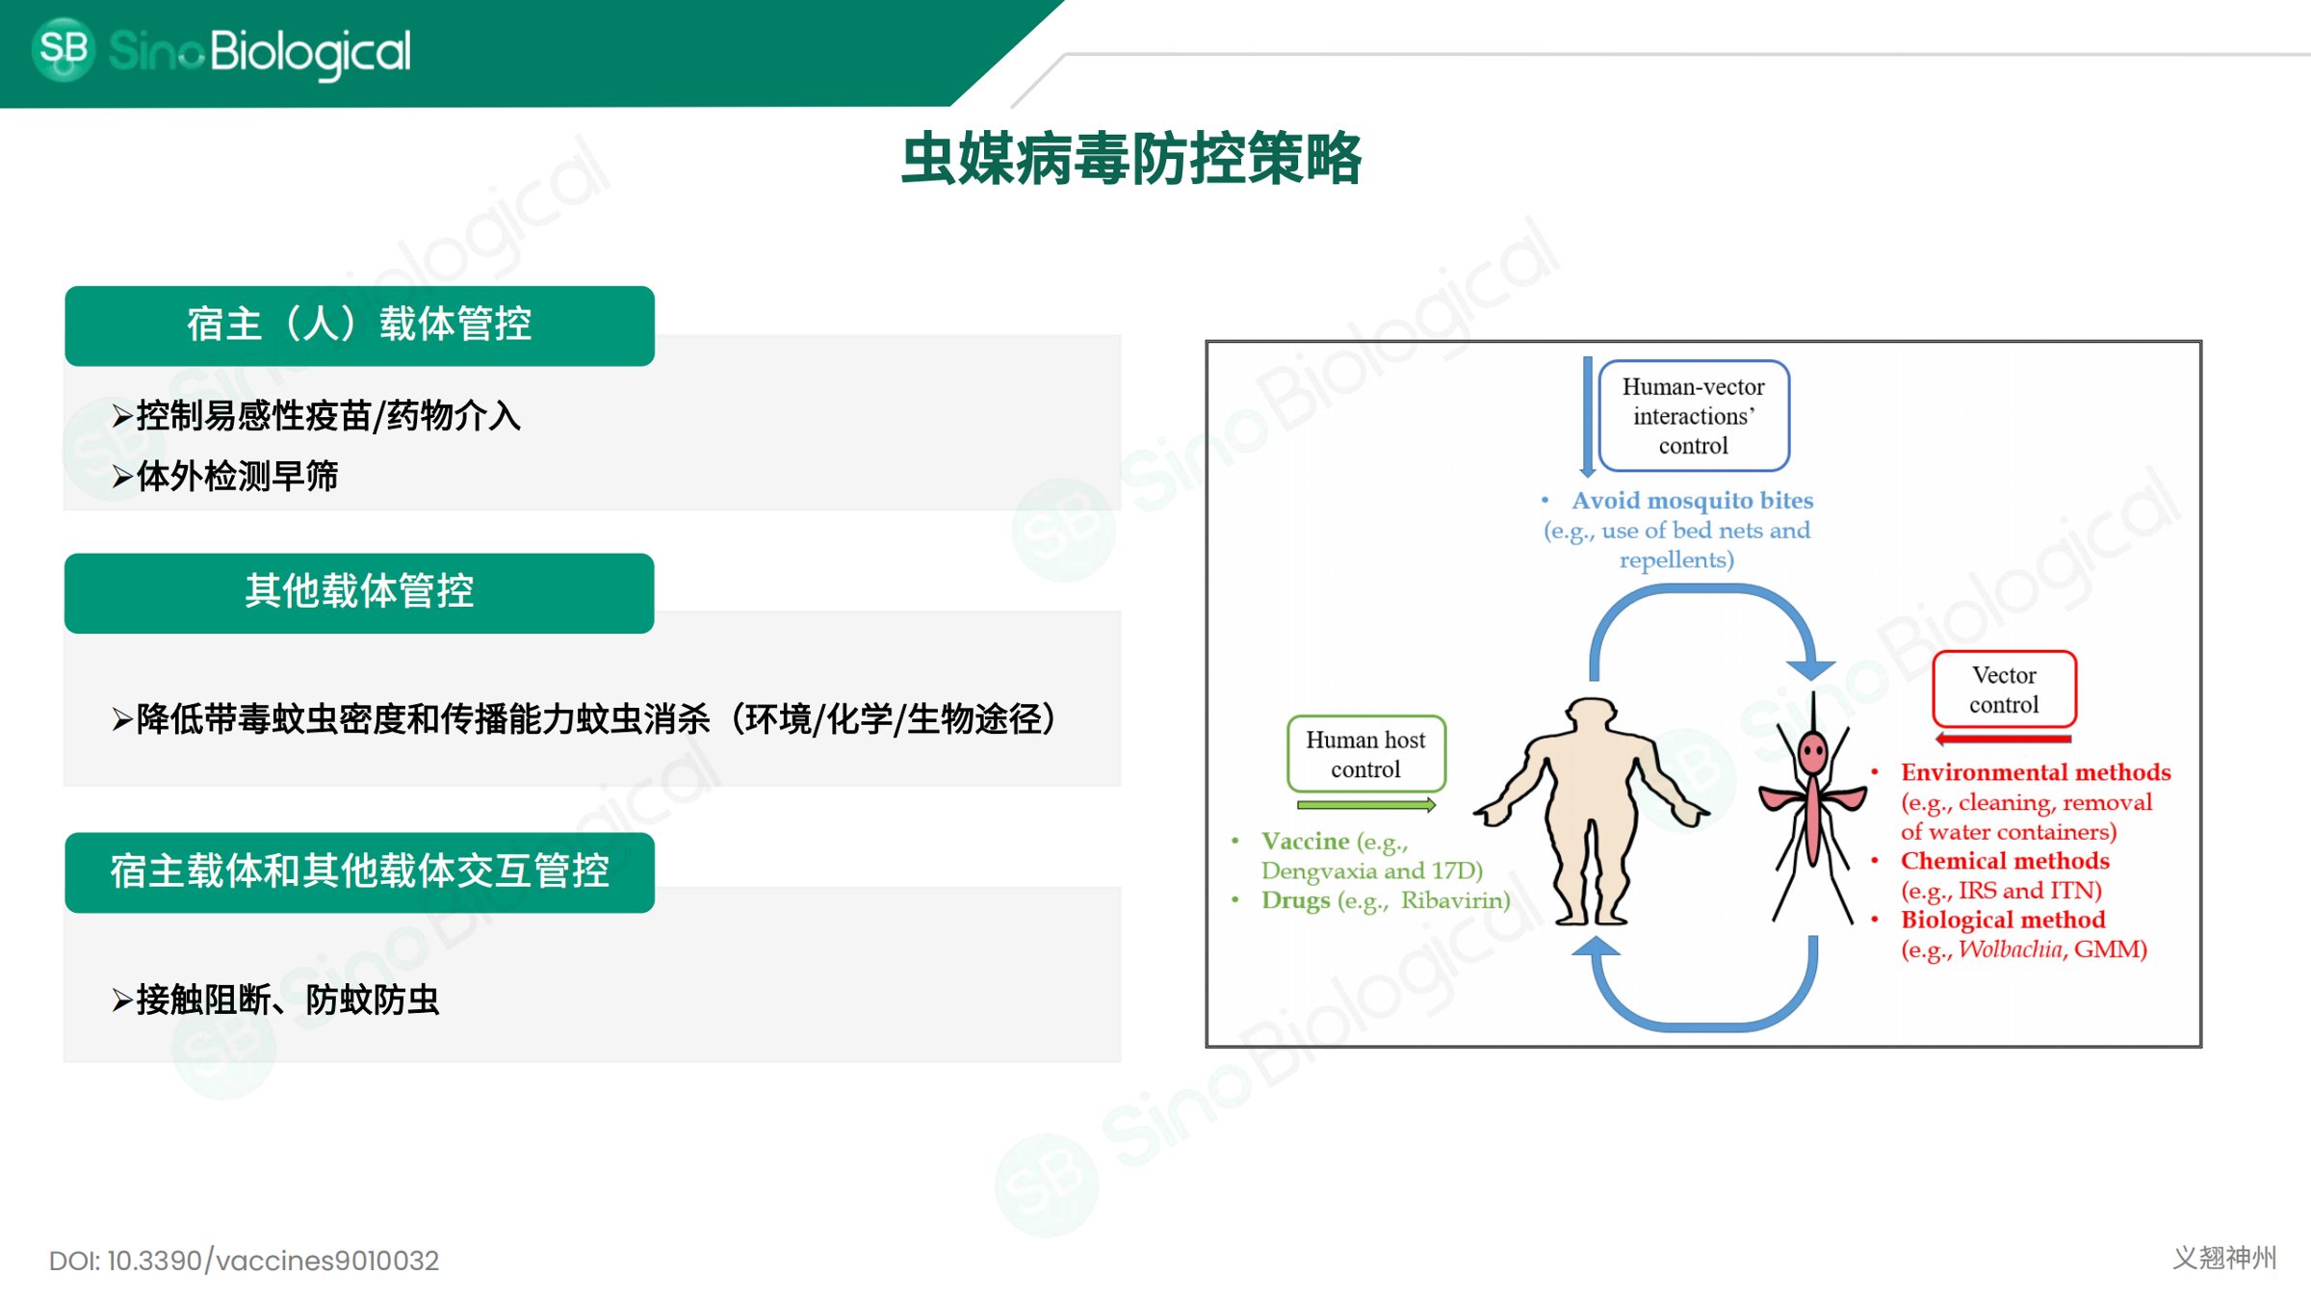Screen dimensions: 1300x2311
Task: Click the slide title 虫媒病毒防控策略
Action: click(x=1131, y=159)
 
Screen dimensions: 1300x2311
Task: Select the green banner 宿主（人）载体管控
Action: click(x=359, y=325)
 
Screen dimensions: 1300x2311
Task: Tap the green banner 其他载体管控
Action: click(x=359, y=591)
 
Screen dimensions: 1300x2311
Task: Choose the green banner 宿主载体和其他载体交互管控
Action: click(x=359, y=871)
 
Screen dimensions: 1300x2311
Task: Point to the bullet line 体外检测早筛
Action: click(x=236, y=476)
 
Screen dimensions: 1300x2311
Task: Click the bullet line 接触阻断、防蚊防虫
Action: click(x=287, y=1000)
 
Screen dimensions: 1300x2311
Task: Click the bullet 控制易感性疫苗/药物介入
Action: click(x=327, y=416)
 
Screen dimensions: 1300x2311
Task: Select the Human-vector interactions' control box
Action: click(x=1693, y=416)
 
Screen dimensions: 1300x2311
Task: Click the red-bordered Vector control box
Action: click(x=2003, y=689)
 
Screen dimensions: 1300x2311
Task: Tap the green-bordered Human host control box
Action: click(x=1365, y=754)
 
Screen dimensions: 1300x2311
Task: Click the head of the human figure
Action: click(x=1591, y=715)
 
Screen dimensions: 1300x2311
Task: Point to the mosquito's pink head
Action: click(x=1812, y=751)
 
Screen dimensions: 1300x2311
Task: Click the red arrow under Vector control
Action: click(x=2003, y=739)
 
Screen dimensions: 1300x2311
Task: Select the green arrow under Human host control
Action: click(x=1365, y=804)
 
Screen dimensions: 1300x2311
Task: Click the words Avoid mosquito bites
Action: click(x=1692, y=500)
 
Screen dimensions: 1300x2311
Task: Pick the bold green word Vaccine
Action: click(x=1305, y=842)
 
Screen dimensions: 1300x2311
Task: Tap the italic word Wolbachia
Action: click(x=2010, y=949)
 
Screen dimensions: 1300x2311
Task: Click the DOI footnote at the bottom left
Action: click(x=244, y=1261)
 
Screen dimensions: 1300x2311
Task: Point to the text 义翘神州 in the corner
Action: click(x=2224, y=1258)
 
